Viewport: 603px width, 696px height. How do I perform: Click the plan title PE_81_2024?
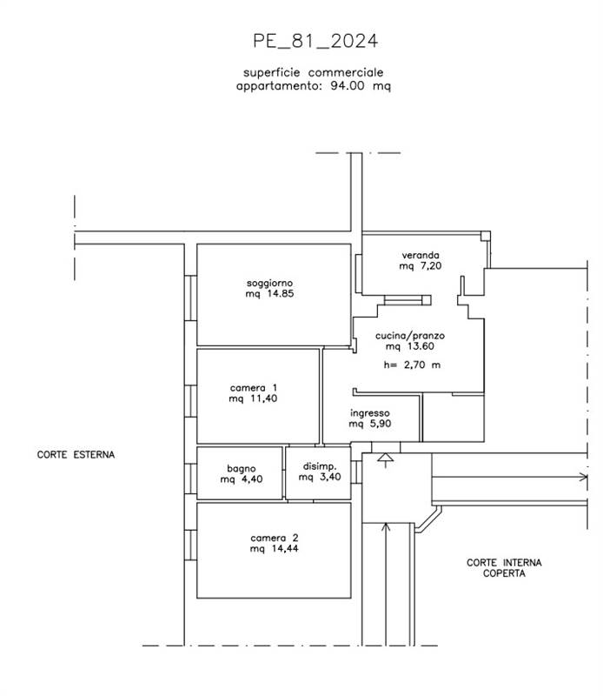point(315,41)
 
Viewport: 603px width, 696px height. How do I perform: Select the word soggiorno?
point(269,284)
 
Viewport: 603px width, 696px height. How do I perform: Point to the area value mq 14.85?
point(269,294)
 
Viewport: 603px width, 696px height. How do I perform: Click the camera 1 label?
point(253,388)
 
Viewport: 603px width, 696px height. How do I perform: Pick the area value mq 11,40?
point(253,398)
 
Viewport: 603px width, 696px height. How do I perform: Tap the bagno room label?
point(242,469)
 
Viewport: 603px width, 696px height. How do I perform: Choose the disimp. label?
point(320,466)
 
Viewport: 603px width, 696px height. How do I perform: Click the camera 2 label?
point(274,538)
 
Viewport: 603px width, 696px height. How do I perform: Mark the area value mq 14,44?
point(274,549)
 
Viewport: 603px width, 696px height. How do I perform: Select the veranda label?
point(421,255)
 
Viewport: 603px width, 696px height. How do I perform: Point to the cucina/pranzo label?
point(410,336)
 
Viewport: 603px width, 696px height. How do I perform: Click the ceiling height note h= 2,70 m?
point(412,365)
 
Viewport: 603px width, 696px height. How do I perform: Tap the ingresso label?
point(370,413)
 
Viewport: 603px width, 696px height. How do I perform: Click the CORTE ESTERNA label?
point(76,454)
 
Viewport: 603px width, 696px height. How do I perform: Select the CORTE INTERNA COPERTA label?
point(504,568)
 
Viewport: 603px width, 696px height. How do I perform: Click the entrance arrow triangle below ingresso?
point(385,458)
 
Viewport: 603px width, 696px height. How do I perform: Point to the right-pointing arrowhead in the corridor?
point(583,477)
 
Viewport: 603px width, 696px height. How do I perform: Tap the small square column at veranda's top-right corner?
point(486,236)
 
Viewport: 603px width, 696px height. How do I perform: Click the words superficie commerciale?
point(313,73)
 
